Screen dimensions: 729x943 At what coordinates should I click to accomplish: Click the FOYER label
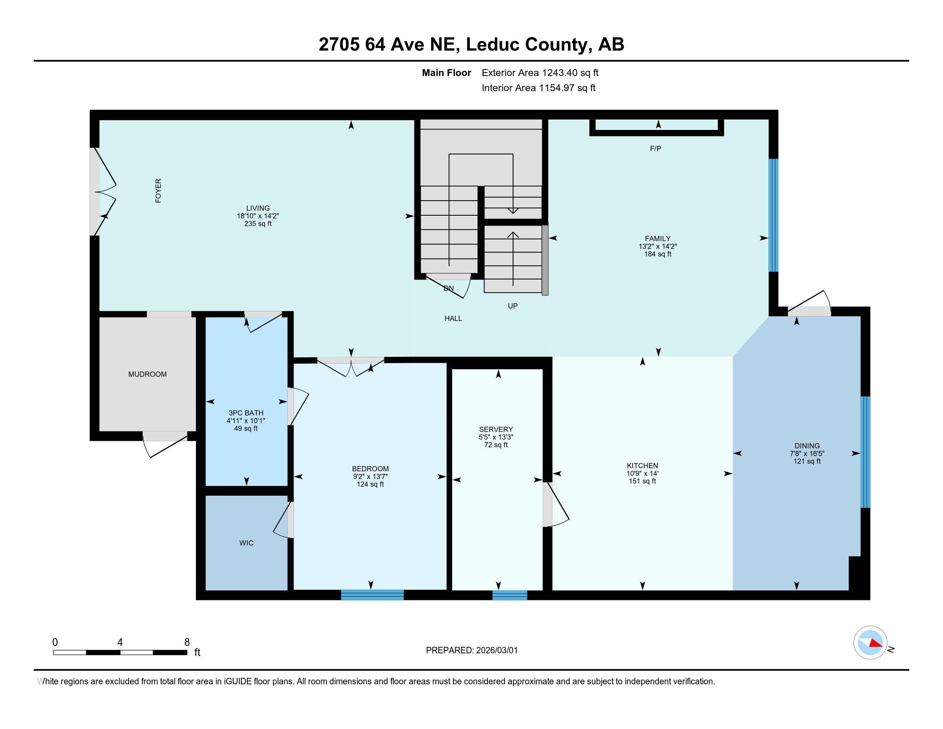[159, 191]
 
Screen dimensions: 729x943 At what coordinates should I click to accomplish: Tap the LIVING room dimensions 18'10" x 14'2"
[258, 216]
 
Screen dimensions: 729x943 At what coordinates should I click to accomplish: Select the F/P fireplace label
[655, 148]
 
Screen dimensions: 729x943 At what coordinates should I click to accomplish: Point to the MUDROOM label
[147, 374]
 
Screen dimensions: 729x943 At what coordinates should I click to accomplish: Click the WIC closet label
[246, 543]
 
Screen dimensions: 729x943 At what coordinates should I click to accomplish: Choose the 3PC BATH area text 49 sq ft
[246, 428]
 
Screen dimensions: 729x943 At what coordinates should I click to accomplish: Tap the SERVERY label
[496, 429]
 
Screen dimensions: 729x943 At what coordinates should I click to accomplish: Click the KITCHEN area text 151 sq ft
[642, 481]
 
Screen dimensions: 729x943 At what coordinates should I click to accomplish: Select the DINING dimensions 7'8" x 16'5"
[807, 453]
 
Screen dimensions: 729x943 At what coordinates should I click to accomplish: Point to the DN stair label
[449, 288]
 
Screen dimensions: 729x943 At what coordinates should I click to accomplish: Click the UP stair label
[513, 306]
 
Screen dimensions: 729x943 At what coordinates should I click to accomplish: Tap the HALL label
[453, 318]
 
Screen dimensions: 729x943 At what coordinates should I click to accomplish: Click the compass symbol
[870, 643]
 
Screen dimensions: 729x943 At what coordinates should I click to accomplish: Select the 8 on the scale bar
[187, 642]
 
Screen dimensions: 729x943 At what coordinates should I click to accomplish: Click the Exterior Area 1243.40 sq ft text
[540, 73]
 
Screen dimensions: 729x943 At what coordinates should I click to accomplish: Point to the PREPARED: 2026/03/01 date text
[471, 651]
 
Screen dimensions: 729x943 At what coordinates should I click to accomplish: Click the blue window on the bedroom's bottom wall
[372, 595]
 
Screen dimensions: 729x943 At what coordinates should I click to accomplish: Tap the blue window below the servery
[510, 595]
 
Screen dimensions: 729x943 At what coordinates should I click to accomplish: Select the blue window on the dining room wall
[865, 452]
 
